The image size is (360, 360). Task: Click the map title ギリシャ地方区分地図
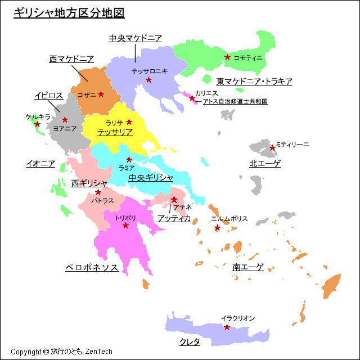(x=69, y=13)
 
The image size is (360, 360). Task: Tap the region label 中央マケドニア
(x=136, y=38)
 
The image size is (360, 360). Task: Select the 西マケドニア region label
(x=71, y=59)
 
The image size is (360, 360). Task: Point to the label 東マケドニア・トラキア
(x=255, y=82)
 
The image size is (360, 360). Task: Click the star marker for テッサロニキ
(x=148, y=80)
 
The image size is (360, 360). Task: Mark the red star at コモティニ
(x=227, y=57)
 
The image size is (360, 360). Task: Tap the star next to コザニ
(x=101, y=94)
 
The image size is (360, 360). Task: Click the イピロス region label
(x=48, y=96)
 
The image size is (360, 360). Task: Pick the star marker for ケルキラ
(x=38, y=124)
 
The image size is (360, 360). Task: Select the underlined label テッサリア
(x=115, y=132)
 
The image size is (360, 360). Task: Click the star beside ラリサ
(x=129, y=122)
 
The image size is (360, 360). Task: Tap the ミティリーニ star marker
(x=272, y=148)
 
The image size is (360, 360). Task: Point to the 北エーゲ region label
(x=265, y=164)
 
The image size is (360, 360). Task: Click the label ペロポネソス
(x=92, y=268)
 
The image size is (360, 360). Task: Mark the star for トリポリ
(x=125, y=226)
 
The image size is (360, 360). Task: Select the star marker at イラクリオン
(x=227, y=327)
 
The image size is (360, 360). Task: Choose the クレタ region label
(x=190, y=342)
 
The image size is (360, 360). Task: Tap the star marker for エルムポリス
(x=217, y=228)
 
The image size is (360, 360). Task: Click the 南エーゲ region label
(x=248, y=268)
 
